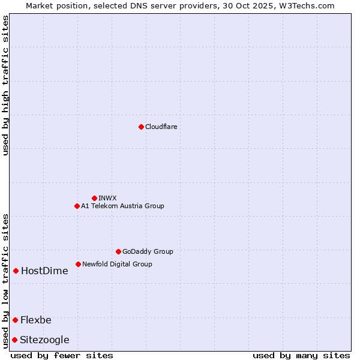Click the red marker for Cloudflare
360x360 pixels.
coord(141,127)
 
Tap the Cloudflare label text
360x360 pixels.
coord(161,127)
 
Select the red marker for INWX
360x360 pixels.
coord(94,198)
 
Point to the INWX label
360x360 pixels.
coord(107,198)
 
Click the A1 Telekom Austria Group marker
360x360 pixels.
coord(77,206)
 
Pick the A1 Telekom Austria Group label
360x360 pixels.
coord(122,206)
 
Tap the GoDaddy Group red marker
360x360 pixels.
coord(118,251)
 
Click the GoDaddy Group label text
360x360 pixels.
coord(148,251)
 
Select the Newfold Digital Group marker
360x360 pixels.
coord(78,264)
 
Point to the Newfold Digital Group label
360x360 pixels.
coord(117,264)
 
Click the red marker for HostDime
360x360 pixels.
coord(16,271)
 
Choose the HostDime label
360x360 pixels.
coord(44,271)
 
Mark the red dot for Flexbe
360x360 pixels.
coord(15,320)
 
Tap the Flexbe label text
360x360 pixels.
coord(36,320)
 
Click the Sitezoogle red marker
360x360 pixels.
coord(14,340)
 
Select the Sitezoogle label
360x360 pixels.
coord(44,340)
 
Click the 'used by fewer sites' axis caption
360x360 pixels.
coord(62,355)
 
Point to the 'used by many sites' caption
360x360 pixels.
coord(301,355)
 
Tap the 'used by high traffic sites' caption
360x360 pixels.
coord(5,85)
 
